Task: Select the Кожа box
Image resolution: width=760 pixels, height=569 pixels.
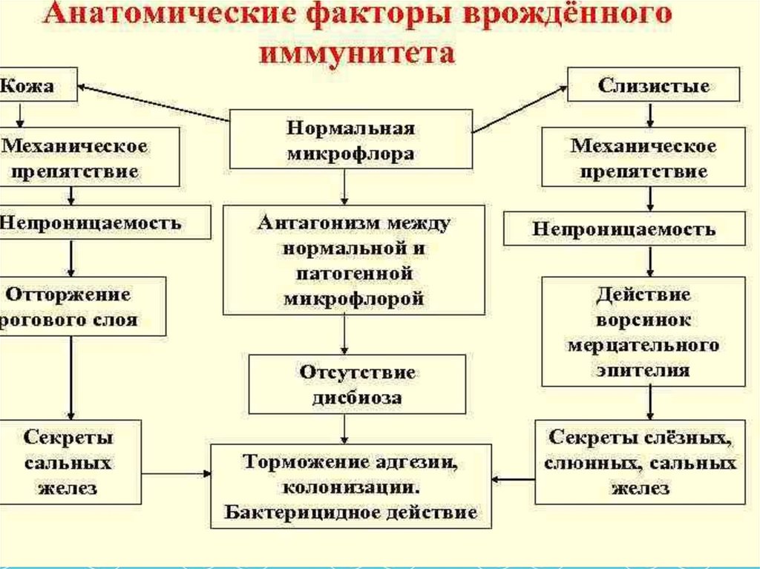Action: point(37,86)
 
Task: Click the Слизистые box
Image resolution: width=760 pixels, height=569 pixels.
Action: point(653,85)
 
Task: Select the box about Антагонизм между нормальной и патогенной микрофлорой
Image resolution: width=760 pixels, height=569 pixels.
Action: point(354,261)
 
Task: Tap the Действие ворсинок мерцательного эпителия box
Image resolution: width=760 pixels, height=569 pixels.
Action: point(643,332)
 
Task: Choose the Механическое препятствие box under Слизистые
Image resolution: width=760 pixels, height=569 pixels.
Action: point(643,158)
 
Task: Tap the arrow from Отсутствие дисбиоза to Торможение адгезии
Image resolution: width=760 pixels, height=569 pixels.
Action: point(345,429)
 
